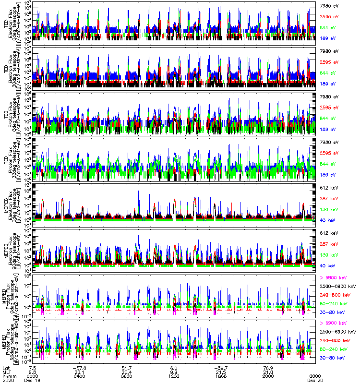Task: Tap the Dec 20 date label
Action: point(315,380)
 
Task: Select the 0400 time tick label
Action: point(80,376)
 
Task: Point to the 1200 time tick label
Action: point(174,376)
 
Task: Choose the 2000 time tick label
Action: point(268,376)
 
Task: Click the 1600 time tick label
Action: point(221,376)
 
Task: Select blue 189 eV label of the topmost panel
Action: point(327,38)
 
